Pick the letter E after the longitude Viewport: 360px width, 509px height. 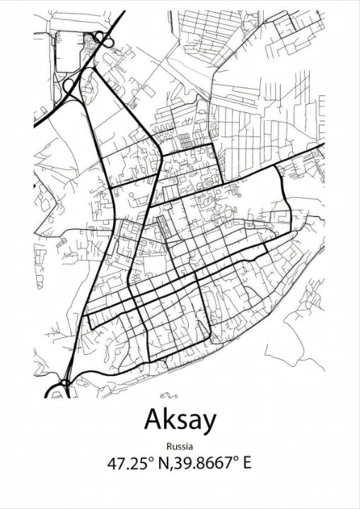(247, 464)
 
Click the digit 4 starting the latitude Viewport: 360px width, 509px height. (112, 464)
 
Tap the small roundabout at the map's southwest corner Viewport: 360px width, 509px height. (63, 385)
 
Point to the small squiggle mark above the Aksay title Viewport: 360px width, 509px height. (165, 395)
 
